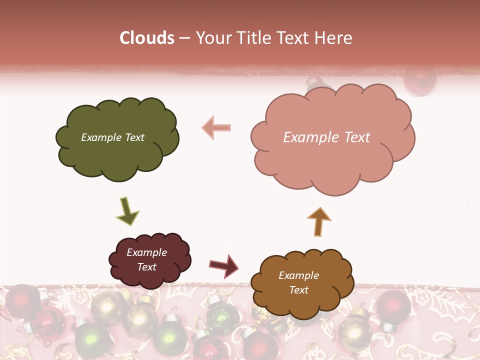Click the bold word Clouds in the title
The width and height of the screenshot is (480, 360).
point(146,38)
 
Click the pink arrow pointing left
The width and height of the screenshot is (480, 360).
point(216,127)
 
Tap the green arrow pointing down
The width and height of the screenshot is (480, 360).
point(127,210)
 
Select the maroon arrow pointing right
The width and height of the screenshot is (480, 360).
point(224,265)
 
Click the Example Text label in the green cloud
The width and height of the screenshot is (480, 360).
point(112,137)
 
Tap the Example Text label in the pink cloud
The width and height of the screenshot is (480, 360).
point(326,137)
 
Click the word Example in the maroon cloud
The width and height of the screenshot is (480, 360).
point(146,252)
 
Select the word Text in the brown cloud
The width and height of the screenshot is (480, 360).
point(298,290)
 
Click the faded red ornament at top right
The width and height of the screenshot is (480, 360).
point(419,80)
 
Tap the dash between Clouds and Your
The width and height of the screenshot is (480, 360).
point(184,38)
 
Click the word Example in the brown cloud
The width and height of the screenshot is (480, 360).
point(298,275)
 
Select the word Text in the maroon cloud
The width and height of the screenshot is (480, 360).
point(146,267)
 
